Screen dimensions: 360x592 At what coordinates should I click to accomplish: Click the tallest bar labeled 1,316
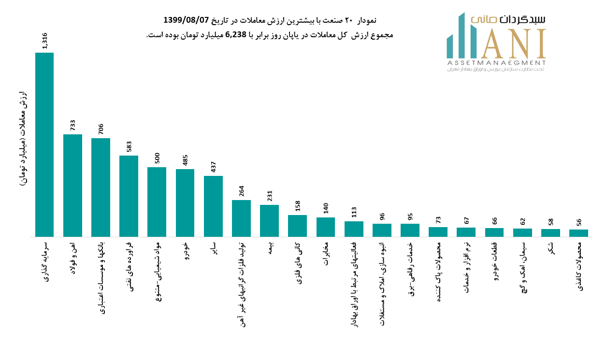pos(44,145)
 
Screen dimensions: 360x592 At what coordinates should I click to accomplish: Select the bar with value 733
pos(72,186)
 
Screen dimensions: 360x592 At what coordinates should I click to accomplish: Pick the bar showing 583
pos(129,196)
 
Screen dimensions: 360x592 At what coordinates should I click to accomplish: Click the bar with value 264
pos(241,218)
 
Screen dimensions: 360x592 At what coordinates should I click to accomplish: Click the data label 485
pos(185,160)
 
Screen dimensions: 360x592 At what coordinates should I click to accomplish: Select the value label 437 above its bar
pos(213,167)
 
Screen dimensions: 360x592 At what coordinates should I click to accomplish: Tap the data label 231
pos(269,196)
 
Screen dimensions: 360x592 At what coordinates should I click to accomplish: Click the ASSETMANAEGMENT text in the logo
pos(496,63)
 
